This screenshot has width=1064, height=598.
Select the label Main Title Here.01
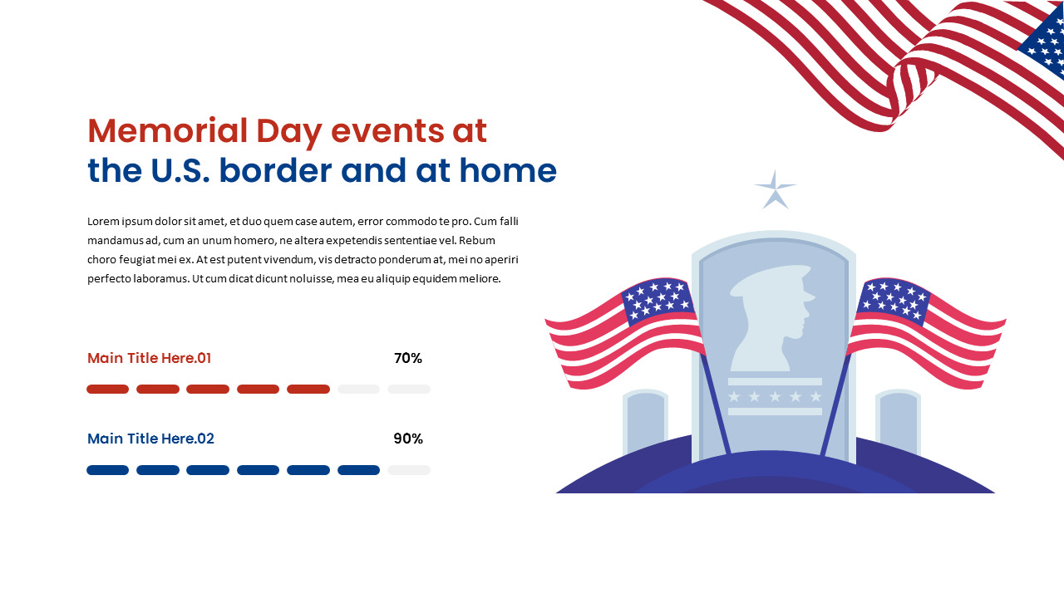(x=150, y=359)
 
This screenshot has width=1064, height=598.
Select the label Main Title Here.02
(x=150, y=439)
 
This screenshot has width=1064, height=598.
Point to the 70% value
(x=408, y=359)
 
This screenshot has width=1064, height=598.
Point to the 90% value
(x=408, y=439)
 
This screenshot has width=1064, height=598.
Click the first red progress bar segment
(x=108, y=390)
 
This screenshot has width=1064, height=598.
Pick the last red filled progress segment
(x=308, y=390)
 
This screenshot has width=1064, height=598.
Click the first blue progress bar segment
(x=108, y=470)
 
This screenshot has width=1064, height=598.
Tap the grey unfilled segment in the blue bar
(x=409, y=470)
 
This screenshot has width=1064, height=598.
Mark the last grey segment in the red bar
(x=409, y=390)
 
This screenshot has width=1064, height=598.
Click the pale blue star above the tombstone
(x=775, y=191)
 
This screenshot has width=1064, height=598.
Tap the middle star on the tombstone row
(x=775, y=397)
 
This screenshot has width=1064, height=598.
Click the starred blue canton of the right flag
(x=894, y=301)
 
